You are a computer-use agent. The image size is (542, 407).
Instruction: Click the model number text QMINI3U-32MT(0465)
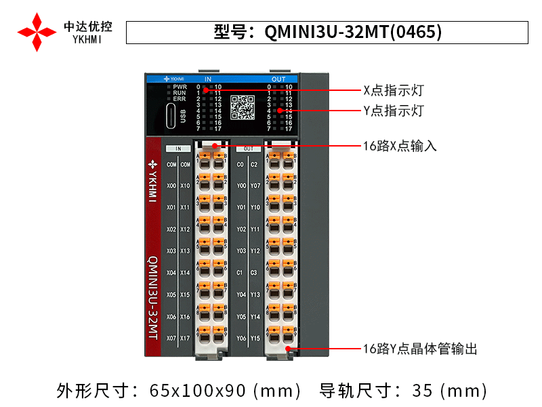point(327,32)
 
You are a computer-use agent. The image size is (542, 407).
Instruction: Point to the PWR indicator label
point(180,87)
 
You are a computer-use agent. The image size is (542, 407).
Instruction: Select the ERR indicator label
point(180,99)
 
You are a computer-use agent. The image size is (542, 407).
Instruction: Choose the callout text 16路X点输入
point(400,146)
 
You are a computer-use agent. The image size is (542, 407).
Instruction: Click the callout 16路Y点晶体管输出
point(420,349)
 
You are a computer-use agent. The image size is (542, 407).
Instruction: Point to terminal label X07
point(171,338)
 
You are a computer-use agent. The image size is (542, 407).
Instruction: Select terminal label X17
point(185,338)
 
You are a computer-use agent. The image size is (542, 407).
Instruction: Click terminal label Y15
point(255,338)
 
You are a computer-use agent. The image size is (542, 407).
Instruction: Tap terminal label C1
point(240,273)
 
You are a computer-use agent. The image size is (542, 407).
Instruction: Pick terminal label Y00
point(241,186)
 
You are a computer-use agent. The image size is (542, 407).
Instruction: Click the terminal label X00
point(171,186)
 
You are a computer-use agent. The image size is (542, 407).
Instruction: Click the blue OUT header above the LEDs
point(278,79)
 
